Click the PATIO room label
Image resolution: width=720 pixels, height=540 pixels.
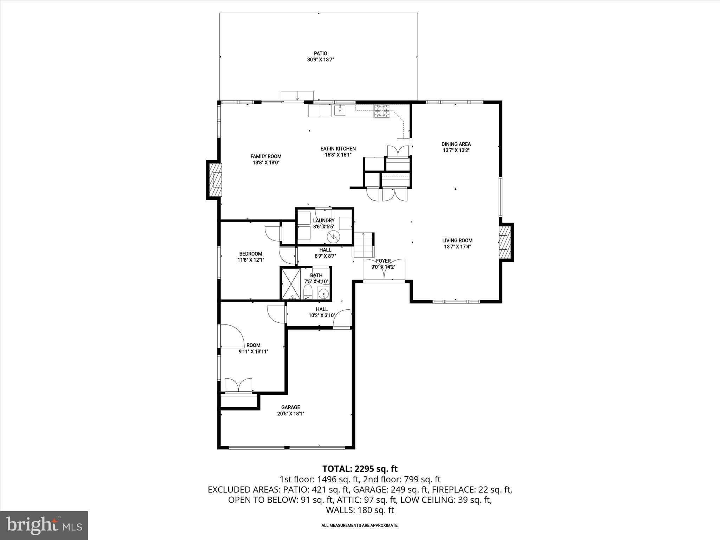(320, 53)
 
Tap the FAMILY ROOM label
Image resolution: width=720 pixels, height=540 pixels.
(266, 156)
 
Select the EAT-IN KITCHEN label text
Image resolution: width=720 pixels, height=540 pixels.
(338, 149)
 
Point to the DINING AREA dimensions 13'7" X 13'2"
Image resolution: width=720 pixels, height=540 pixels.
(456, 150)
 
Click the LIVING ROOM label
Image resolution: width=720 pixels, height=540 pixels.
(457, 240)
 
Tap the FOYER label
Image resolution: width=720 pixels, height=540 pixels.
(383, 261)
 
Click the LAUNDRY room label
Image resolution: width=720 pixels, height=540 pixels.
(323, 220)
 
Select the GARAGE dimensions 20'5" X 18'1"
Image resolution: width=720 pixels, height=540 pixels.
(290, 414)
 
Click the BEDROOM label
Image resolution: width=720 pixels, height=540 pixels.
(251, 254)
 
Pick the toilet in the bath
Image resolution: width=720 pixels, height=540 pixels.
(308, 292)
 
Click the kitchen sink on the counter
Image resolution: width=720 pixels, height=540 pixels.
(340, 110)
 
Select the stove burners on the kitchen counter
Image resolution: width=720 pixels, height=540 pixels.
(382, 111)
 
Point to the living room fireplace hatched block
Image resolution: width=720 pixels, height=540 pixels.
(504, 243)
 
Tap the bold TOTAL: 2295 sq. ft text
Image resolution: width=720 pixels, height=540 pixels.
(360, 469)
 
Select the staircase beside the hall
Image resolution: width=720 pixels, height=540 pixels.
(363, 245)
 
